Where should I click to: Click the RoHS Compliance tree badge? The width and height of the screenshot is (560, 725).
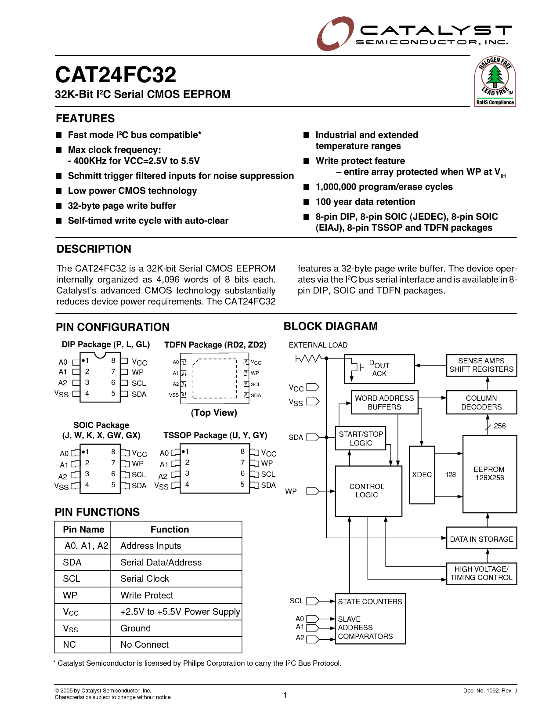pos(495,82)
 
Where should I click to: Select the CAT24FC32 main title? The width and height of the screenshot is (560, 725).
pos(116,75)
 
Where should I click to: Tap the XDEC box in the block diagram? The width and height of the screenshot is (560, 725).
pos(422,475)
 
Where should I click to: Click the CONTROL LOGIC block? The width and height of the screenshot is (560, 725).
pos(368,491)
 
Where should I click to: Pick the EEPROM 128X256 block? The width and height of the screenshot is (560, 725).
pos(489,474)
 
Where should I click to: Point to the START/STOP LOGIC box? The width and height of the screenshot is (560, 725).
pos(361,438)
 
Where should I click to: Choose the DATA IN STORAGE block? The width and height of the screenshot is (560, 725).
pos(481,539)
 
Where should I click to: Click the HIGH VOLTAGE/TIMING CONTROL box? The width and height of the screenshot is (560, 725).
pos(481,573)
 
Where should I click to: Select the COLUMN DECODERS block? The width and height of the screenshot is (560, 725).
pos(481,402)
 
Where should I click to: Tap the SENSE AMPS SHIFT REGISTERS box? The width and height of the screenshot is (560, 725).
pos(481,365)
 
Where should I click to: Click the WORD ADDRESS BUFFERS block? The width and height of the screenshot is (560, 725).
pos(384,402)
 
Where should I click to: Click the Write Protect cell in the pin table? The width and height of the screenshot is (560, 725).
pos(147,595)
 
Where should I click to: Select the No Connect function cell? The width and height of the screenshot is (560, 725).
pos(145,645)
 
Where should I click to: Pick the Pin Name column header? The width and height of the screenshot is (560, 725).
pos(83,529)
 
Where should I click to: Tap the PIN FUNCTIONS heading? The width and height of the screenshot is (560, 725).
pos(97,512)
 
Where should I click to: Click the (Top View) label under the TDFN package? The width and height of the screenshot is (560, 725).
pos(214,413)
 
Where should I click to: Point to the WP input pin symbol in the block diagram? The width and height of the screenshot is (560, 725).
pos(312,491)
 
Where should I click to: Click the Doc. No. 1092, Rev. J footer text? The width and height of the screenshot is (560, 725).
pos(490,691)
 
